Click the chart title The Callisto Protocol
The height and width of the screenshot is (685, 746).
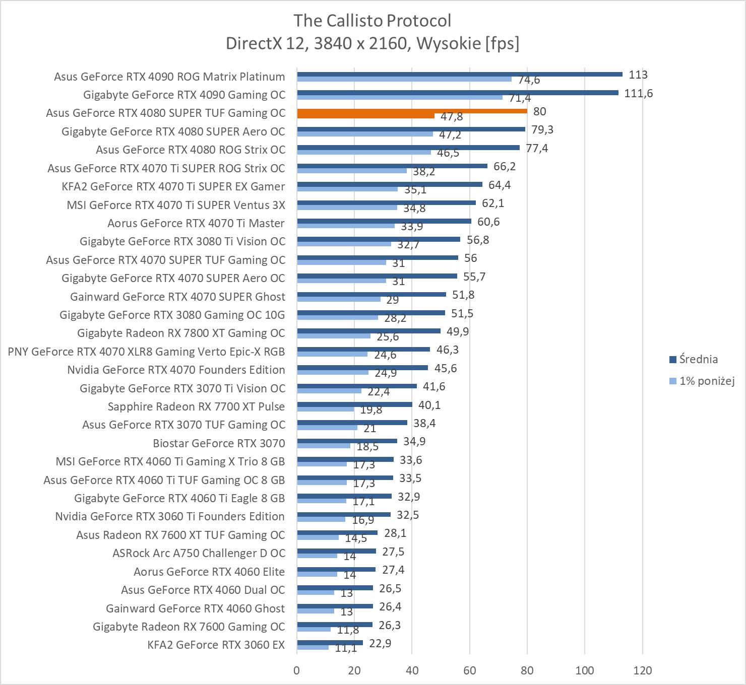point(372,21)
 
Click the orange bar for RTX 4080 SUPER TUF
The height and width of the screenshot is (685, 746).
point(412,111)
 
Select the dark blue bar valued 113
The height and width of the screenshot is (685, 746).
point(459,74)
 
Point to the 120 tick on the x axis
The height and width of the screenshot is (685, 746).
point(642,670)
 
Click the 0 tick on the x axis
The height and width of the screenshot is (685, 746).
point(297,670)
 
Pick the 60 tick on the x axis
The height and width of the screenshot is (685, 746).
point(470,670)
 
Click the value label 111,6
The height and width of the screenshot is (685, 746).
point(638,93)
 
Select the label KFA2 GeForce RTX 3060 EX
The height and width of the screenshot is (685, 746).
point(216,645)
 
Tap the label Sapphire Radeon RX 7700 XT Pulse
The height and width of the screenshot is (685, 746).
point(196,406)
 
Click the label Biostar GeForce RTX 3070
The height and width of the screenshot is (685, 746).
point(219,443)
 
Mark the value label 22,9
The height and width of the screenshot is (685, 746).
point(380,643)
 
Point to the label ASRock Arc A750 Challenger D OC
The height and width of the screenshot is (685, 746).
point(199,553)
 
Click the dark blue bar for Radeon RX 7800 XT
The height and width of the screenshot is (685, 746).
point(368,331)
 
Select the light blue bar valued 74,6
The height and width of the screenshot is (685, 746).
point(404,79)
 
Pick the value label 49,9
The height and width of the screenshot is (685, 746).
point(458,331)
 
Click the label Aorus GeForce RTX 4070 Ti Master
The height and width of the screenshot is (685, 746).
point(196,223)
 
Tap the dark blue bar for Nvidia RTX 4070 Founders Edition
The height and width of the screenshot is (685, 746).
point(362,368)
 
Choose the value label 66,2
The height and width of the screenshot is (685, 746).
point(505,166)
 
